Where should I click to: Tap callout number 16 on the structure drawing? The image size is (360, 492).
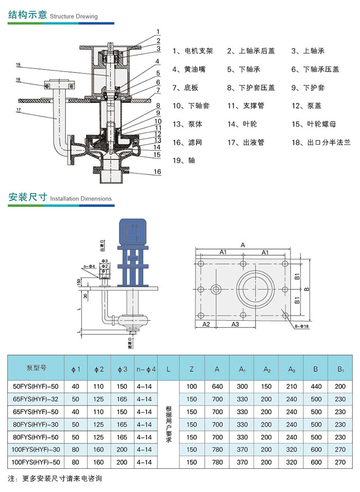[157, 172]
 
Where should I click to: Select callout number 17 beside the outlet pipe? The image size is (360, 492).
[18, 110]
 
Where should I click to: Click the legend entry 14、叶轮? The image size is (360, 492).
[242, 124]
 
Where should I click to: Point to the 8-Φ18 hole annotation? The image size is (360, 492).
[299, 326]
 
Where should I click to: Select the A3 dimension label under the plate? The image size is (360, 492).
[235, 324]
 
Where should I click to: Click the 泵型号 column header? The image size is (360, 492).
[36, 368]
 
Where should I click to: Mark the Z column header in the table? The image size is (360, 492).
[192, 369]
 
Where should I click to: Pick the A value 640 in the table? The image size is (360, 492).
[217, 386]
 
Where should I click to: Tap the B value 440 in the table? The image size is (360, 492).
[316, 386]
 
